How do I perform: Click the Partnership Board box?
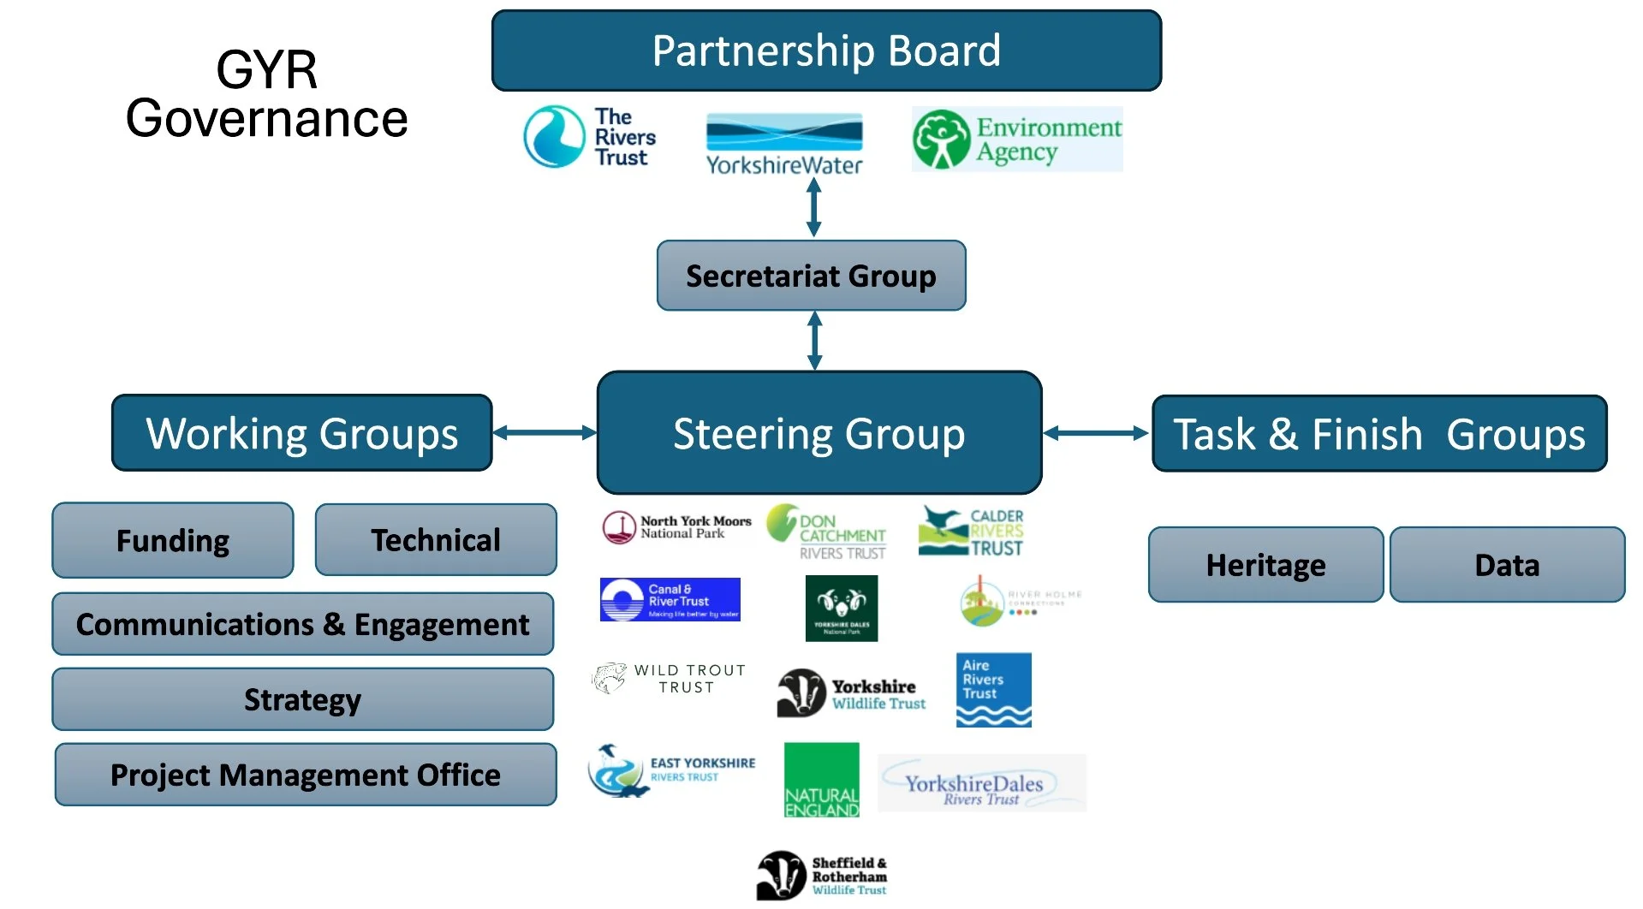826,50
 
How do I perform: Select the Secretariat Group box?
811,276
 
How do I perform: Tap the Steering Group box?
819,433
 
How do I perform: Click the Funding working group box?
173,540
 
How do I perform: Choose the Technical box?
436,540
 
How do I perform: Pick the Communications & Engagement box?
302,624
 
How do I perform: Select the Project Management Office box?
305,775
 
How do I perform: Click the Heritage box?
1265,565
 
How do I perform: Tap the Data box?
1507,565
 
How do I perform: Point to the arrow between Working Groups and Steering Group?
545,432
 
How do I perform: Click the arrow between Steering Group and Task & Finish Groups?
1096,433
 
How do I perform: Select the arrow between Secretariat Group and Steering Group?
815,341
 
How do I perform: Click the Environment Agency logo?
1017,140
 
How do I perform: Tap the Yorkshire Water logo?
784,145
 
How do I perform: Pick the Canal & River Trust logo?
670,599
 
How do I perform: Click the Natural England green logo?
822,780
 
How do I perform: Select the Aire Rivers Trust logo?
993,690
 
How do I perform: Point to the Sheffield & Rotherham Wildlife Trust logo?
822,876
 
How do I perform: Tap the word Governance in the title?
266,118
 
